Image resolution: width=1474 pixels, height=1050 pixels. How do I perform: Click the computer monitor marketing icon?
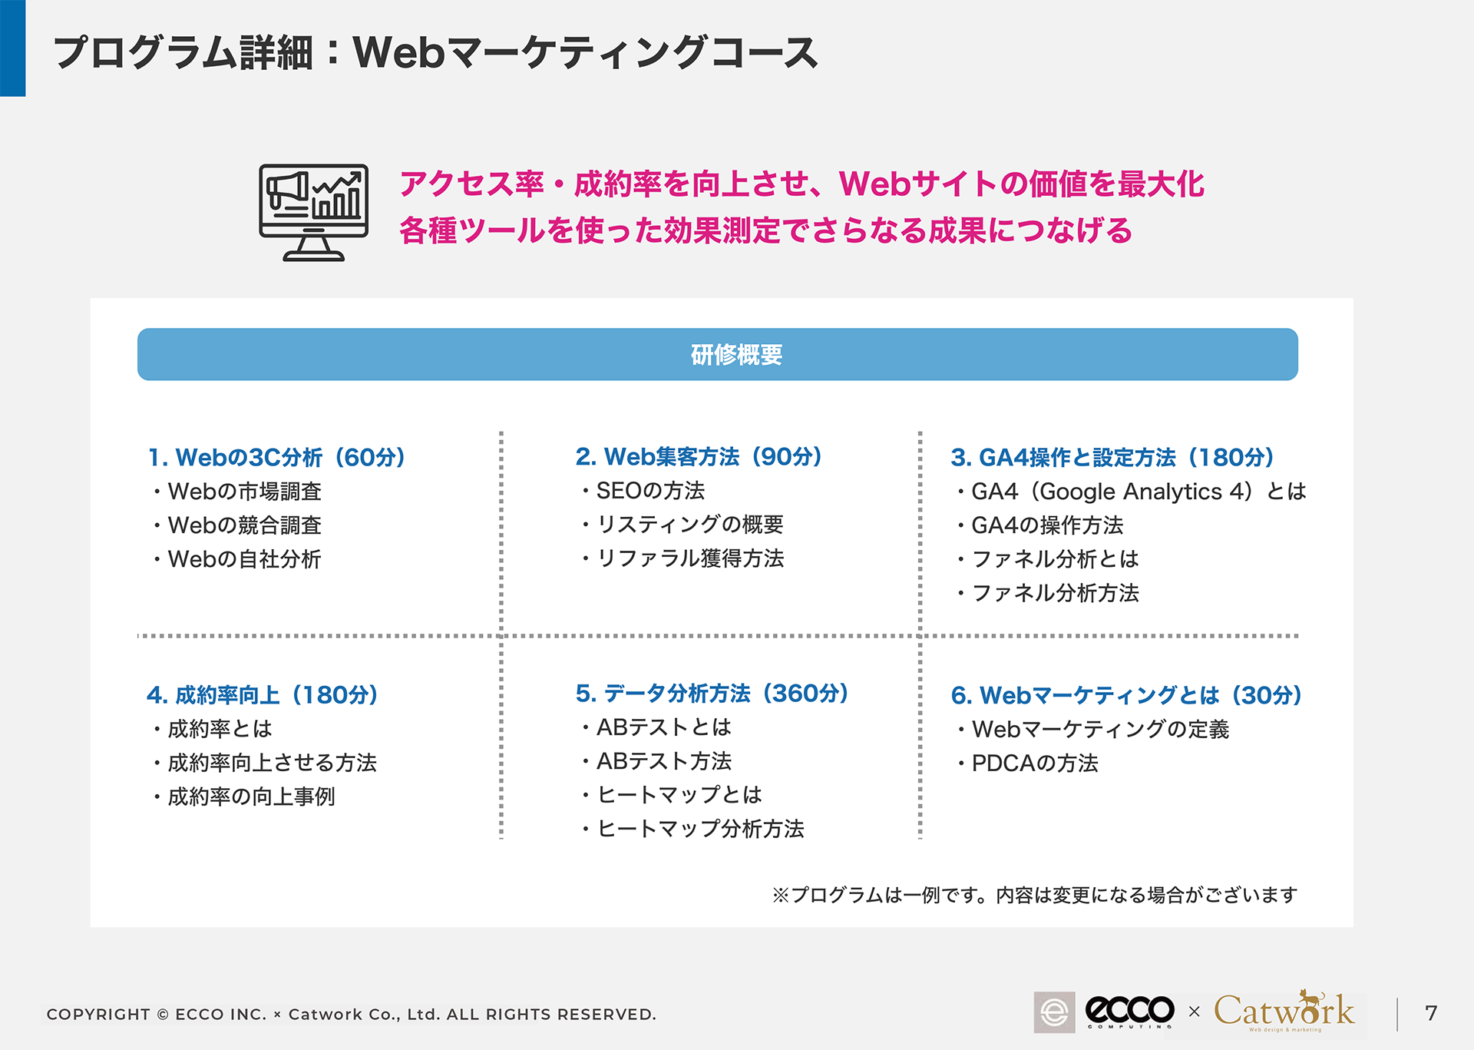pos(313,213)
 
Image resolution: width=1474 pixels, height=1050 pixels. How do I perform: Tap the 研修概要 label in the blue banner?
pos(736,355)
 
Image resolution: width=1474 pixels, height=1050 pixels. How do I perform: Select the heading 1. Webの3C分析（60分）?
pos(276,458)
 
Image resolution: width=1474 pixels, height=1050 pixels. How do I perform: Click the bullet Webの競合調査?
pos(237,525)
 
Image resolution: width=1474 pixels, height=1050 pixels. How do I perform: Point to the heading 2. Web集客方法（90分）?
pos(699,457)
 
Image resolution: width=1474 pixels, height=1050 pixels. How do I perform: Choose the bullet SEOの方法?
pos(643,491)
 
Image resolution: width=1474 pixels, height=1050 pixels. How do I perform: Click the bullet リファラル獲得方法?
pos(682,558)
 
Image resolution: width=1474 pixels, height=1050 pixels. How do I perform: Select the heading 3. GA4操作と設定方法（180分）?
pos(1112,458)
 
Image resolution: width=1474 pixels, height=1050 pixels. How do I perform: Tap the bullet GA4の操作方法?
pos(1040,525)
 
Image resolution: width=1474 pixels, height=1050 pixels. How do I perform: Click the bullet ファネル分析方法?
pos(1048,593)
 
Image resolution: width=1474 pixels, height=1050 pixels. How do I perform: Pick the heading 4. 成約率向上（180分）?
pos(263,695)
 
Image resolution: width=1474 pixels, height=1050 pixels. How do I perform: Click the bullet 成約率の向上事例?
pos(244,797)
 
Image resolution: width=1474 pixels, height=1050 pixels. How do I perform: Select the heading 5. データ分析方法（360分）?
pos(712,694)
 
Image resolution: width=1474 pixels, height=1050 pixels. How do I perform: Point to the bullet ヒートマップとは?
pos(672,795)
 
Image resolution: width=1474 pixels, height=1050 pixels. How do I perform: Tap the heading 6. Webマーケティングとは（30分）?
pos(1126,695)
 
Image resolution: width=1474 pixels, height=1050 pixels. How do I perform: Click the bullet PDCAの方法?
pos(1028,763)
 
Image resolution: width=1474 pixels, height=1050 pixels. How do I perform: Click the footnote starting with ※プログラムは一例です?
pos(1035,895)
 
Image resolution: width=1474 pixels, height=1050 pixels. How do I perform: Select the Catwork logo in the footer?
pos(1284,1010)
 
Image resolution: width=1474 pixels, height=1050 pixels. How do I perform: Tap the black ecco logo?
pos(1129,1011)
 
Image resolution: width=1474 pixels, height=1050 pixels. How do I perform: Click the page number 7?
pos(1431,1013)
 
